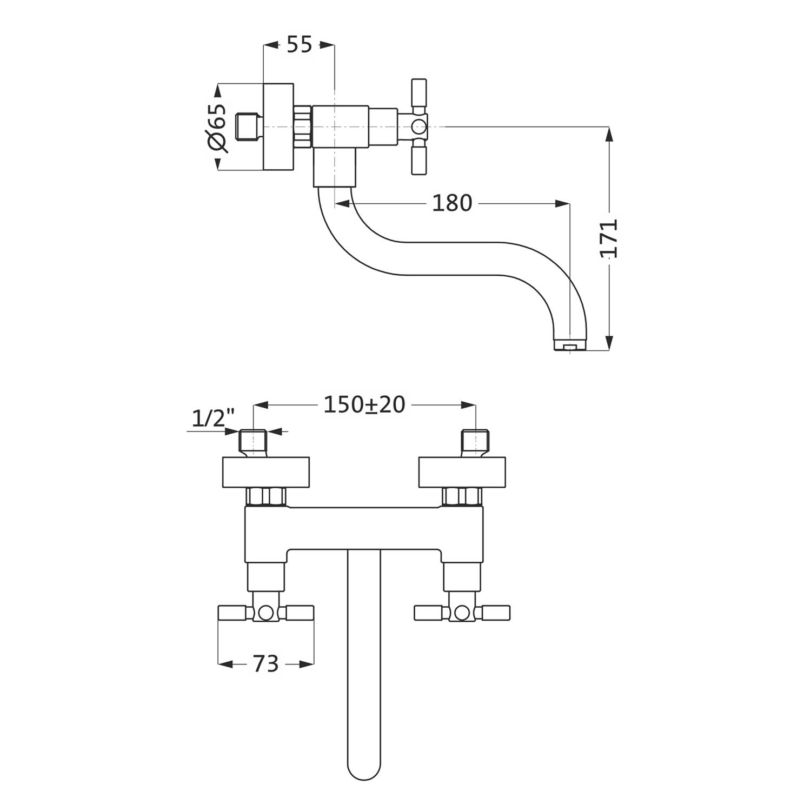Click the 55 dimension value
[299, 45]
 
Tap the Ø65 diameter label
[217, 128]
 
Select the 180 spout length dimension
[452, 203]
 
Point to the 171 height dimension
[610, 238]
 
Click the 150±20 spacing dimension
[364, 404]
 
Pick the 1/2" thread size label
[213, 418]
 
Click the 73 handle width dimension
[265, 663]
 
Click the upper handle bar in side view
[418, 93]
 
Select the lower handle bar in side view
[418, 161]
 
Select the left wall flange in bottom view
[266, 471]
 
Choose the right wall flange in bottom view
[462, 471]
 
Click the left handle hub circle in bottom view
[265, 613]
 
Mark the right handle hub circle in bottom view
[462, 613]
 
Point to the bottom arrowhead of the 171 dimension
[609, 343]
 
